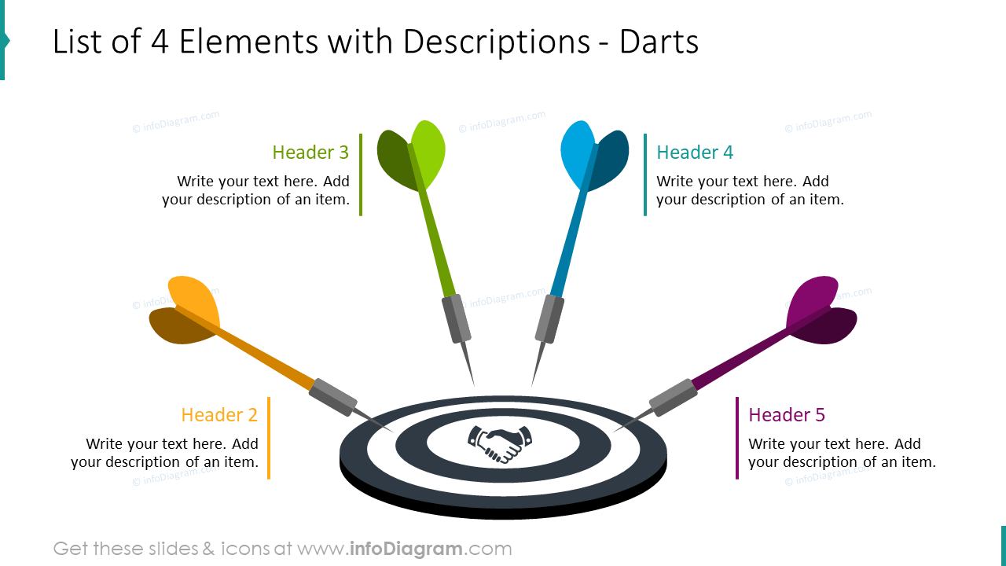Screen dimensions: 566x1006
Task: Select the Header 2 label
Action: tap(219, 415)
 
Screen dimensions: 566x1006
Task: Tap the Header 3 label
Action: tap(310, 153)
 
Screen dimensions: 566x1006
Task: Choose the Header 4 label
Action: tap(695, 153)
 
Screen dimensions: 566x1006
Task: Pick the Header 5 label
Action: tap(787, 415)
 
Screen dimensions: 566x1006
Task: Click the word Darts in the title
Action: tap(659, 42)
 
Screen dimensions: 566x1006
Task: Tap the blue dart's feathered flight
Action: tap(593, 155)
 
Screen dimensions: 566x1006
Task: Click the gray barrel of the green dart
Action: tap(456, 318)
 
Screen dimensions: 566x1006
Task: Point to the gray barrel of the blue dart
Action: tap(549, 318)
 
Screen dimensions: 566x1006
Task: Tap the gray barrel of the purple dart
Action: tap(673, 397)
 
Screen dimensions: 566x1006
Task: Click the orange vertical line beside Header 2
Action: tap(269, 438)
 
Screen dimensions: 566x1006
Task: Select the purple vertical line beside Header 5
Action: tap(737, 438)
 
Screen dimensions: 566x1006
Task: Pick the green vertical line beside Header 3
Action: tap(361, 175)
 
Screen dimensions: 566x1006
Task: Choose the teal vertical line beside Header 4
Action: tap(645, 175)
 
